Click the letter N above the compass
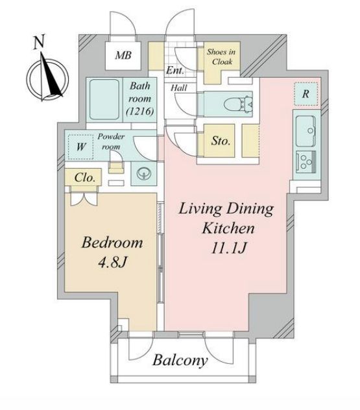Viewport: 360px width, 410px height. point(39,42)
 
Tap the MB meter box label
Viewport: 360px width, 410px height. point(123,55)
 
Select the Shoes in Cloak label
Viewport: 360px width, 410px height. point(221,56)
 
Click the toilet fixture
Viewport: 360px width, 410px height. point(238,104)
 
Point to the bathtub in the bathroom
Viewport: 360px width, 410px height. point(104,99)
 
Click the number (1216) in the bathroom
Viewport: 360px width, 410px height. point(140,112)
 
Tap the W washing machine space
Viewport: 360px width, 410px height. point(80,147)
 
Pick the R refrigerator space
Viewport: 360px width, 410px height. point(306,94)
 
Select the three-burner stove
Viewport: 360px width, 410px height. point(306,162)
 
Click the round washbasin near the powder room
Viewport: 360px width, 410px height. point(143,174)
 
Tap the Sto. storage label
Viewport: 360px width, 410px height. point(221,141)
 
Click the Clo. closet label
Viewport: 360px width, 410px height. point(84,178)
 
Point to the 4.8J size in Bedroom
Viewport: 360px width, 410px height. point(112,262)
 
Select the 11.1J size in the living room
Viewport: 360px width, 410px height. point(228,248)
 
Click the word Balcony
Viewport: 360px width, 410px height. point(180,361)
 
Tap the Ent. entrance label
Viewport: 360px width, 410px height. point(175,70)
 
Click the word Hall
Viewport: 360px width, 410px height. point(179,88)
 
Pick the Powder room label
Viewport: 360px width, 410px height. point(111,141)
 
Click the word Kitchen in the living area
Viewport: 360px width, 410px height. point(228,228)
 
